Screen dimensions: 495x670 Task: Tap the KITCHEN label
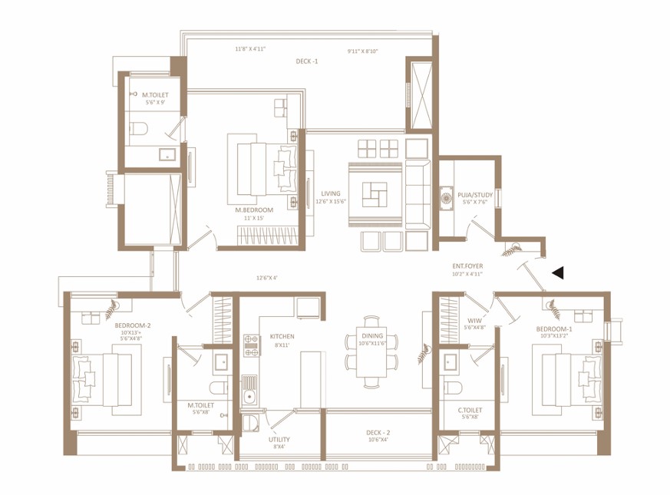pyautogui.click(x=281, y=336)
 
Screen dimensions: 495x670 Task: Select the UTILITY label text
pyautogui.click(x=279, y=440)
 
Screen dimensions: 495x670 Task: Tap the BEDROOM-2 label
pyautogui.click(x=132, y=325)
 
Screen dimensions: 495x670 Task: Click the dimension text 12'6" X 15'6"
pyautogui.click(x=331, y=201)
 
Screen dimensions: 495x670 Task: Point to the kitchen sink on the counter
pyautogui.click(x=249, y=395)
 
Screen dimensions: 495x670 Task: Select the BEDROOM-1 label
pyautogui.click(x=554, y=328)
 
